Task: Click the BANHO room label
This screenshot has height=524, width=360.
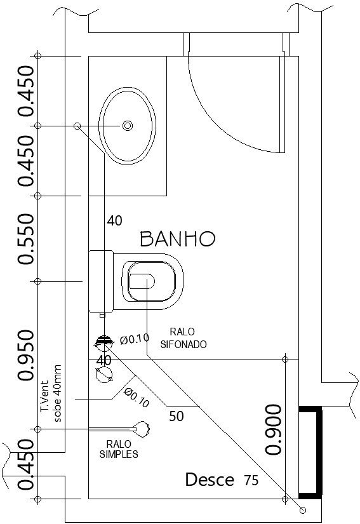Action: [178, 239]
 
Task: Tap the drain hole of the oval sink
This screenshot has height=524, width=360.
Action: [127, 126]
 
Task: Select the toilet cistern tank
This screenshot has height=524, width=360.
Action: [101, 281]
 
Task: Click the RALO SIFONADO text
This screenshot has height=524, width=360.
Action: [183, 338]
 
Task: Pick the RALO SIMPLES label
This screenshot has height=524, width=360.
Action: [119, 449]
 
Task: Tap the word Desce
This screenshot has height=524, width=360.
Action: [210, 480]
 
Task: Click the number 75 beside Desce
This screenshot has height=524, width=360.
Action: [251, 481]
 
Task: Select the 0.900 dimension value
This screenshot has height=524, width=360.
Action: [273, 429]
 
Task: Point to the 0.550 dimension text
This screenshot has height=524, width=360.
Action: [27, 239]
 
